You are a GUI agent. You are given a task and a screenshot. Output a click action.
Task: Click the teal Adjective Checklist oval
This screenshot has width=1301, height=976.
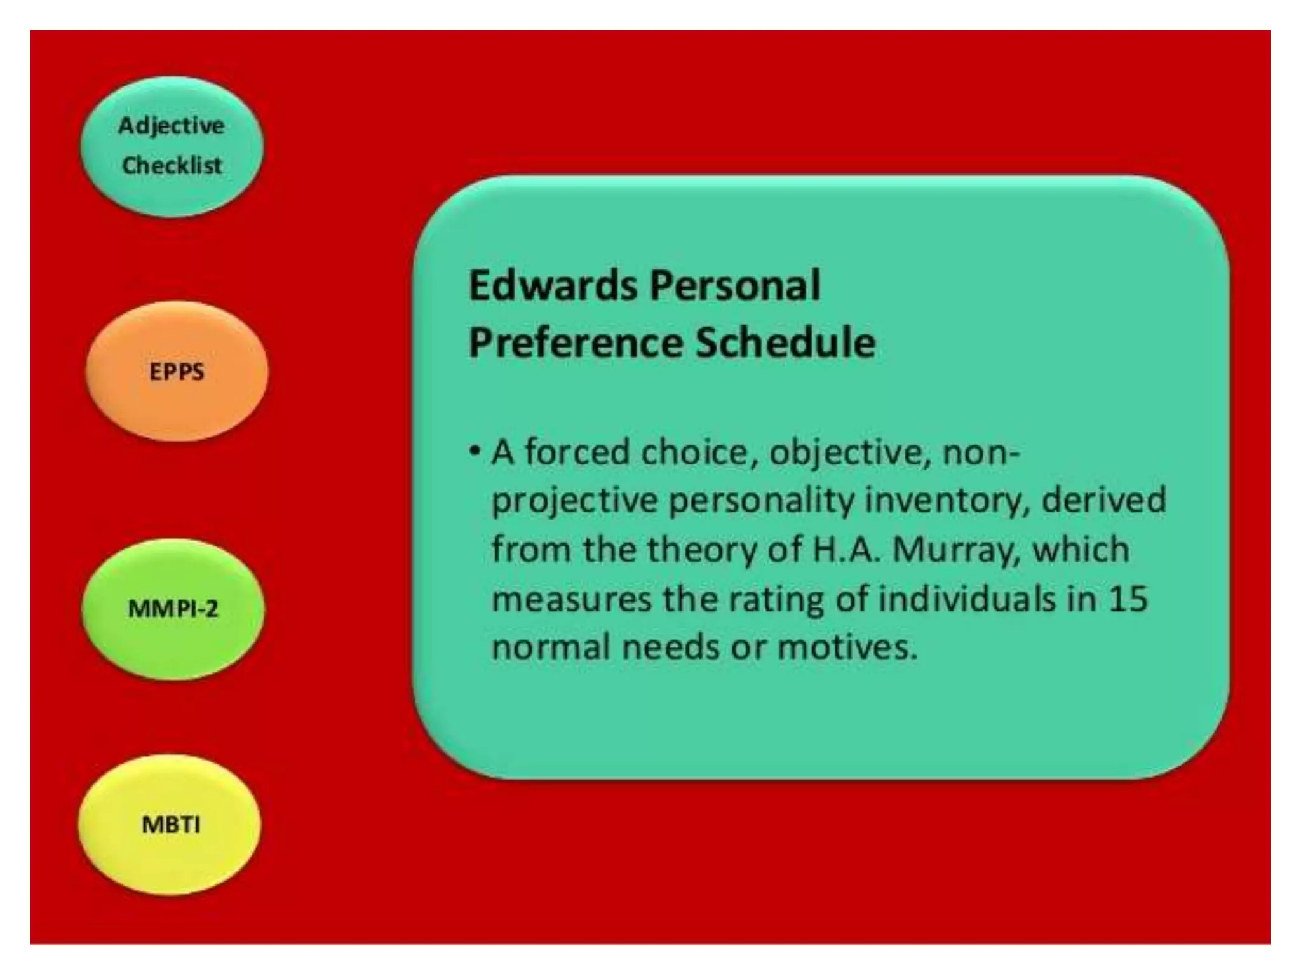[x=172, y=146]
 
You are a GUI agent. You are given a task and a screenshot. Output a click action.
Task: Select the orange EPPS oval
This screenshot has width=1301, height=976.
[x=177, y=372]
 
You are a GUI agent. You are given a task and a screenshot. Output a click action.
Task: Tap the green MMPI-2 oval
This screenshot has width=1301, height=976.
[x=173, y=609]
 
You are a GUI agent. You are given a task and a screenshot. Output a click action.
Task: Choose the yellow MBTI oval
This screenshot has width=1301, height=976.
[x=170, y=825]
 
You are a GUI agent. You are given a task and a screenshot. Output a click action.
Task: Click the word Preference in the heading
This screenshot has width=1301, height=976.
[x=575, y=343]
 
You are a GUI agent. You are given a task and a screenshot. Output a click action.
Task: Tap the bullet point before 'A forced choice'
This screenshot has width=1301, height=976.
[x=474, y=451]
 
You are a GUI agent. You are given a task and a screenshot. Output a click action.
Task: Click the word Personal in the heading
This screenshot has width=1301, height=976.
[x=735, y=285]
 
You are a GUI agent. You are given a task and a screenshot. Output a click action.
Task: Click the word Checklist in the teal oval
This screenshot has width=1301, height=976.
[x=172, y=166]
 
